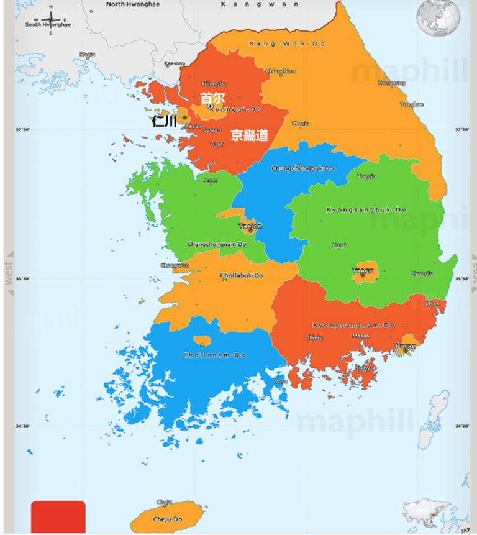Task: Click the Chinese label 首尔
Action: click(212, 98)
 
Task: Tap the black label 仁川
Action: click(164, 121)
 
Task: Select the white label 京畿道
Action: click(249, 135)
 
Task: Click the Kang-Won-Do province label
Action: click(287, 43)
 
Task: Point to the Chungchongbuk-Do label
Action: click(302, 168)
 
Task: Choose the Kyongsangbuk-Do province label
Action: click(366, 210)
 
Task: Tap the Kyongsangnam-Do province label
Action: click(353, 325)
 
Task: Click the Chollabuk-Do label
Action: click(242, 275)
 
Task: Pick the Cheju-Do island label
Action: click(168, 519)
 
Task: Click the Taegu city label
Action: click(363, 270)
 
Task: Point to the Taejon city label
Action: click(250, 226)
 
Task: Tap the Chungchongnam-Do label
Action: click(217, 244)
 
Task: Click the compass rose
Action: click(50, 21)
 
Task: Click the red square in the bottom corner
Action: click(58, 516)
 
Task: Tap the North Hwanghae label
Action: click(132, 4)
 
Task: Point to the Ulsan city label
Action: click(432, 304)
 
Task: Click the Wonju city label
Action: click(300, 124)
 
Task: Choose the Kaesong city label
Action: click(175, 63)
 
